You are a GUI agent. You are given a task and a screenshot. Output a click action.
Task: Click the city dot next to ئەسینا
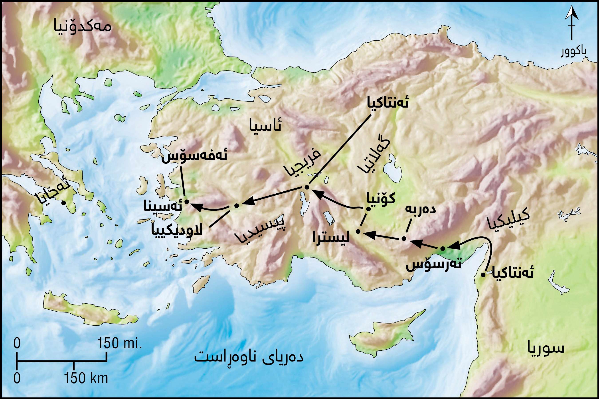[186, 202]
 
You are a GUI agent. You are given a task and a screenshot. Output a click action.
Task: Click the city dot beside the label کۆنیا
[368, 209]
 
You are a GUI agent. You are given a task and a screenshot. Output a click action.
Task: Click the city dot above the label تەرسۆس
[443, 248]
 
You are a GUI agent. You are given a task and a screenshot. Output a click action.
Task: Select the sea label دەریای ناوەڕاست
[249, 357]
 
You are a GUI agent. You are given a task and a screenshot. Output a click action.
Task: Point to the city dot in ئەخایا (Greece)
[63, 203]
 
